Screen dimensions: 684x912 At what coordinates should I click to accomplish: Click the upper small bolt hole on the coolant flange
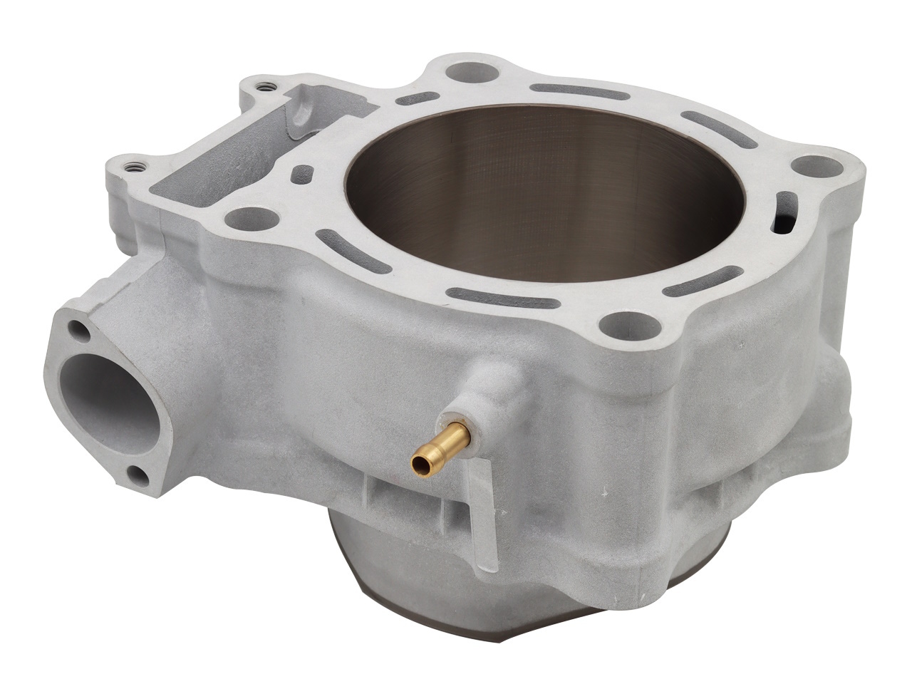pos(76,330)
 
